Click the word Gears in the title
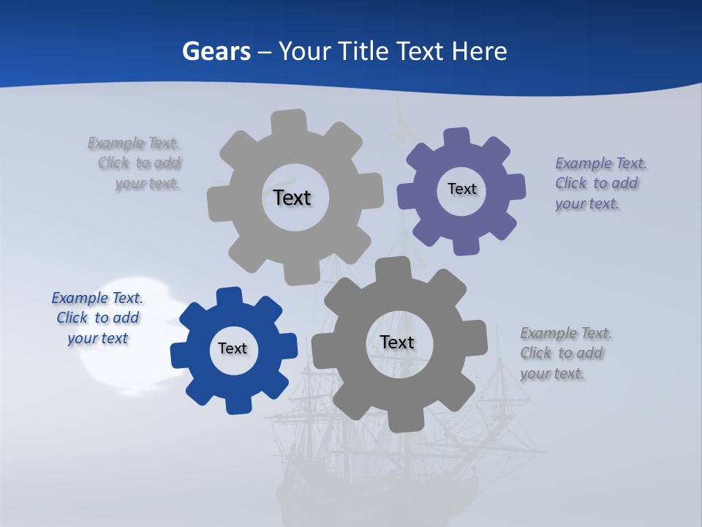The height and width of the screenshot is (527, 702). click(x=216, y=51)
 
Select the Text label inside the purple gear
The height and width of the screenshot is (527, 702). click(x=461, y=189)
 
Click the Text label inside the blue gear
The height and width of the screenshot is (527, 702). click(x=233, y=348)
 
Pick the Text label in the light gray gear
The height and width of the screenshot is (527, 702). click(x=292, y=198)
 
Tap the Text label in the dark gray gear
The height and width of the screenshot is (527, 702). click(x=397, y=342)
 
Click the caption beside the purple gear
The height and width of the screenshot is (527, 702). click(x=600, y=183)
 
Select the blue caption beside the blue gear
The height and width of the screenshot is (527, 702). click(x=97, y=318)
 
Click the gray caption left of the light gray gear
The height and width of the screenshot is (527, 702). click(x=136, y=162)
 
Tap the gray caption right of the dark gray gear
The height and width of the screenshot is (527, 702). click(x=565, y=353)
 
